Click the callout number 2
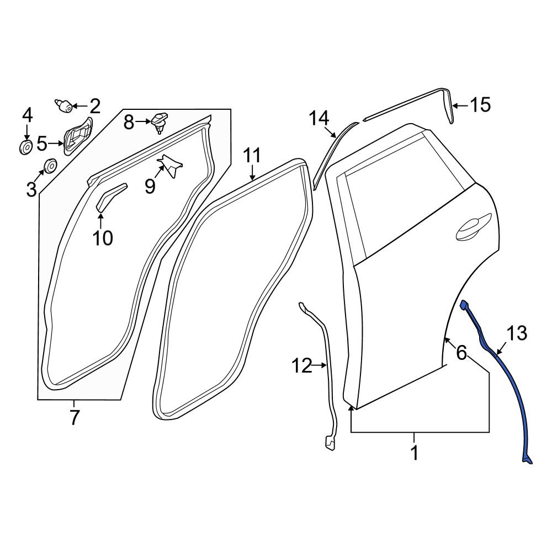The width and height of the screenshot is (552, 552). [x=95, y=106]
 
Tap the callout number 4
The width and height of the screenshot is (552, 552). [x=28, y=115]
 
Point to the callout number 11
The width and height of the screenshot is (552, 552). [x=252, y=156]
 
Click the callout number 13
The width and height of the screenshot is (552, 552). [x=517, y=333]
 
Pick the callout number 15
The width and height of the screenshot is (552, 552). [x=480, y=105]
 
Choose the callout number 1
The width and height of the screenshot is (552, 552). [x=415, y=453]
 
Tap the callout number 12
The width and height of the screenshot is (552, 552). [x=302, y=366]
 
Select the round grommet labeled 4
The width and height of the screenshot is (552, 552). [x=25, y=147]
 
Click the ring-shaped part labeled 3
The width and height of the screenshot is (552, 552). [x=50, y=166]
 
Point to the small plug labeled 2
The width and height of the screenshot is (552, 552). [x=63, y=105]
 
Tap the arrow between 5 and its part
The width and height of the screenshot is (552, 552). [x=56, y=144]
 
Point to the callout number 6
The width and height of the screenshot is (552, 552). [x=461, y=352]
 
